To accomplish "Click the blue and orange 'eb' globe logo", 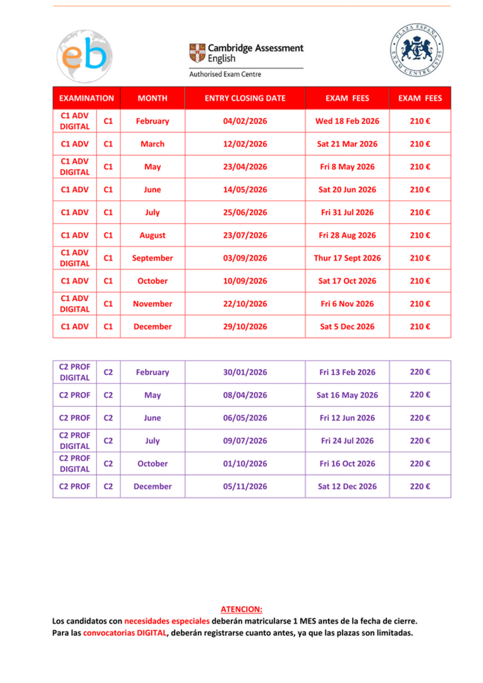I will (84, 56).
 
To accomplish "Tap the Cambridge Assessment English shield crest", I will (197, 53).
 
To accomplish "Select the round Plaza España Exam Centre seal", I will (416, 50).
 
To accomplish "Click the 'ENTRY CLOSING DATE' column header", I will (245, 98).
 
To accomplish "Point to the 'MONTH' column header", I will (152, 98).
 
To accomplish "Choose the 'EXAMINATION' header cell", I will (87, 98).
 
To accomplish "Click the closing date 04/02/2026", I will (245, 121).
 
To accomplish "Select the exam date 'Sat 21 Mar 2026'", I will (347, 144).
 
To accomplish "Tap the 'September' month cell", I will (152, 258).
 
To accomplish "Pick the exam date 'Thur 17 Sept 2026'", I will (347, 258).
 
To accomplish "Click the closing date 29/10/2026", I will (245, 327).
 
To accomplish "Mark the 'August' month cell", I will (152, 235).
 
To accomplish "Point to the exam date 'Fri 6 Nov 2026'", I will (347, 304).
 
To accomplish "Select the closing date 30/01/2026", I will (245, 372).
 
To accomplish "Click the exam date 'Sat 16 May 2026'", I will (347, 395).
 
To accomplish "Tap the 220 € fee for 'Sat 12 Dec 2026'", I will (420, 487).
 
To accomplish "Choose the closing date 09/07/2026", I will (245, 441).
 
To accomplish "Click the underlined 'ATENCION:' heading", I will (241, 609).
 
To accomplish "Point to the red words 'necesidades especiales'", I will (167, 621).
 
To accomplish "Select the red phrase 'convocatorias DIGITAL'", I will (125, 633).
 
